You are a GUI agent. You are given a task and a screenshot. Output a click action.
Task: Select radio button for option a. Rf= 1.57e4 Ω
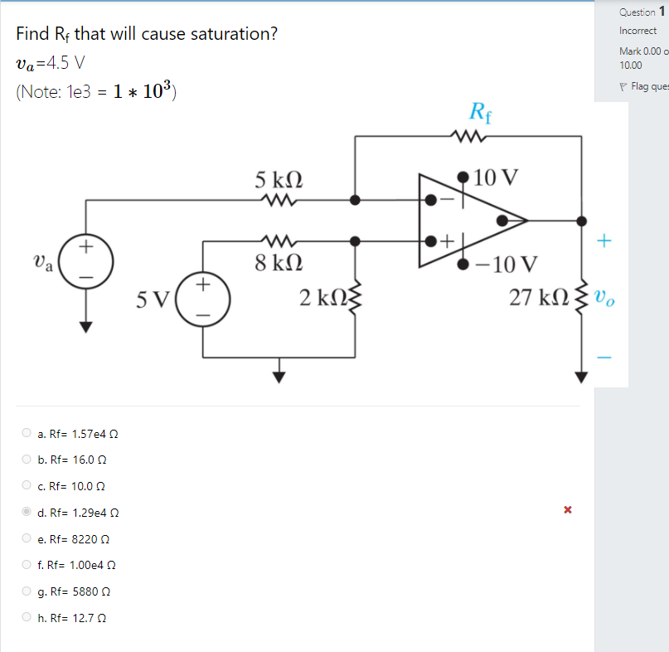(x=27, y=433)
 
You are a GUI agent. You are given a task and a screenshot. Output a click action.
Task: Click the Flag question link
(x=647, y=86)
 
